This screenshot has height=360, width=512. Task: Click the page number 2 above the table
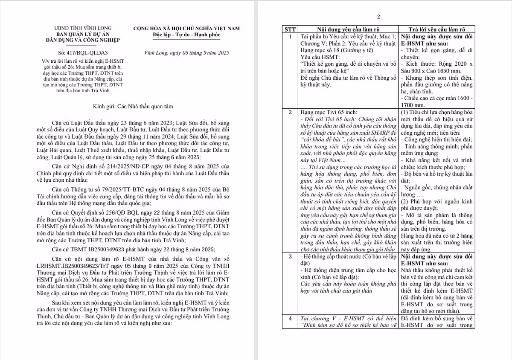tap(378, 17)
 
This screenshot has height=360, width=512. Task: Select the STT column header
tap(290, 30)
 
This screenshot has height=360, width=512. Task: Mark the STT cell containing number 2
tap(290, 112)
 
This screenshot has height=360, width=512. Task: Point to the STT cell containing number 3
tap(290, 256)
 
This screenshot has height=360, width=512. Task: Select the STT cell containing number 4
tap(290, 319)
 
